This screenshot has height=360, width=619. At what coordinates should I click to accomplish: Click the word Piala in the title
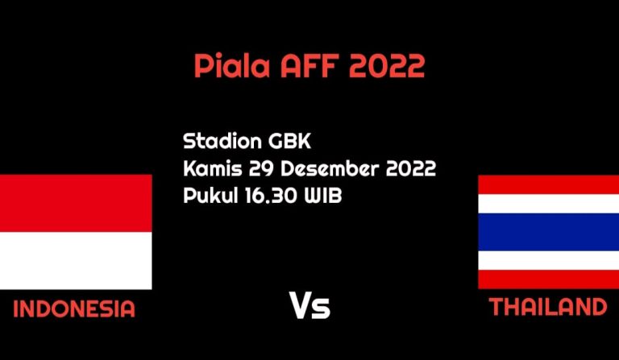[232, 65]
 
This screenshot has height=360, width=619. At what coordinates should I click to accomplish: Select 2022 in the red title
[387, 66]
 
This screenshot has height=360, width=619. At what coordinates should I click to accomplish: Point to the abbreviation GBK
[290, 141]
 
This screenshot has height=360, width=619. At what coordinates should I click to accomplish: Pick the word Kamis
[213, 168]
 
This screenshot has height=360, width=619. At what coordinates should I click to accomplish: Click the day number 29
[261, 168]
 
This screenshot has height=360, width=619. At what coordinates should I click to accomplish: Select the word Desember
[329, 168]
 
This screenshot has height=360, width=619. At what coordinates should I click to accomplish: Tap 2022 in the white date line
[410, 168]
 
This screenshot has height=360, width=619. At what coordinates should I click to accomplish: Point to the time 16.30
[271, 196]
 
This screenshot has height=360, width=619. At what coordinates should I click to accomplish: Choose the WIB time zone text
[322, 196]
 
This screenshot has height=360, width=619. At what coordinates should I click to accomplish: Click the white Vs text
[309, 305]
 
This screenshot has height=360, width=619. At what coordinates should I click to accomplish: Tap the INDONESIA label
[74, 308]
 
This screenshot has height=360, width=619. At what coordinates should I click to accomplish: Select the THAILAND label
[548, 307]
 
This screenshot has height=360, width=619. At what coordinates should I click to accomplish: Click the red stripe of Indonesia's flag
[76, 203]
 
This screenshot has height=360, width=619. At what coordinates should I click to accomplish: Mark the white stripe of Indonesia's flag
[76, 261]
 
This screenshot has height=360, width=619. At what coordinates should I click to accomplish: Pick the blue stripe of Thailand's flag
[549, 232]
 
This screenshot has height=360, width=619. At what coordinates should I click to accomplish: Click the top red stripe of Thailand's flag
[549, 184]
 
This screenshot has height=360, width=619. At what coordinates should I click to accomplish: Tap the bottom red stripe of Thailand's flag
[549, 279]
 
